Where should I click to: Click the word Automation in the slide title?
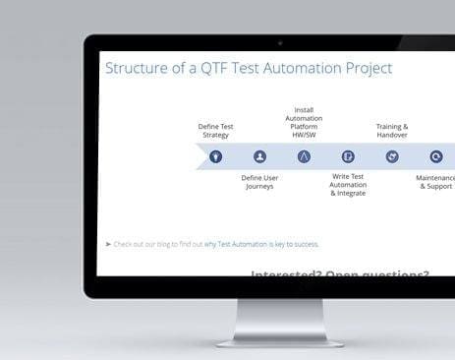pos(302,69)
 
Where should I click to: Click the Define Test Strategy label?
pos(215,131)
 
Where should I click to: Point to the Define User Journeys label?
pos(259,182)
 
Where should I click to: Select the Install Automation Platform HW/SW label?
pos(304,121)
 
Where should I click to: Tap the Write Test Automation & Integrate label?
pos(348,185)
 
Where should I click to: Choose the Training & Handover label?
pos(392,131)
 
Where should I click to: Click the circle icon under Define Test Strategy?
pos(215,156)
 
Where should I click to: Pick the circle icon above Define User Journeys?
pos(259,156)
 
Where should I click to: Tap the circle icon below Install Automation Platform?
pos(304,156)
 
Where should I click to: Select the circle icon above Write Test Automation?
pos(348,156)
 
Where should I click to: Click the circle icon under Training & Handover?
pos(392,156)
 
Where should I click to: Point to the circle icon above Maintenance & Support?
pos(436,156)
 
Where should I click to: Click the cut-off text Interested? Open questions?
pos(339,274)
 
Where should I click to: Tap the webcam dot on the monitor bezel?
pos(280,43)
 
